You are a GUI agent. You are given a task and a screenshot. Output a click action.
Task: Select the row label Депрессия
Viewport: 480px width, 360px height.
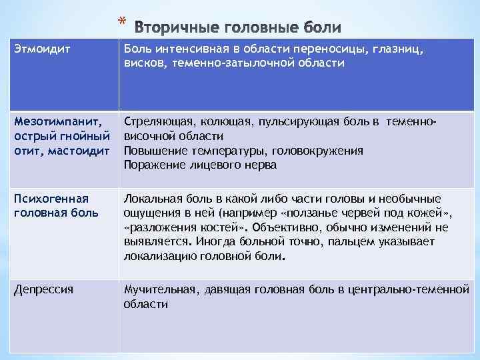[x=43, y=289]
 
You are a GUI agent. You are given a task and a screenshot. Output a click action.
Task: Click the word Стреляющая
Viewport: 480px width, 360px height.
[x=158, y=121]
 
